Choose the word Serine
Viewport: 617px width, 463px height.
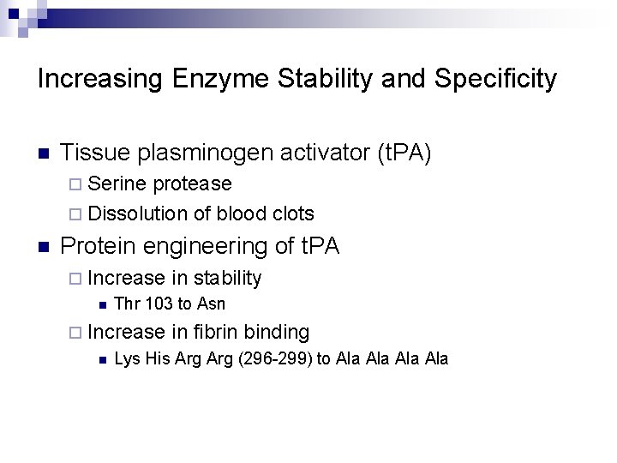(x=116, y=183)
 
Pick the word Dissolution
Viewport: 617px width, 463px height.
(x=136, y=213)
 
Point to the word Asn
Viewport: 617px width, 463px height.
(x=212, y=304)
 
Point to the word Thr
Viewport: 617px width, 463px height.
(x=125, y=304)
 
